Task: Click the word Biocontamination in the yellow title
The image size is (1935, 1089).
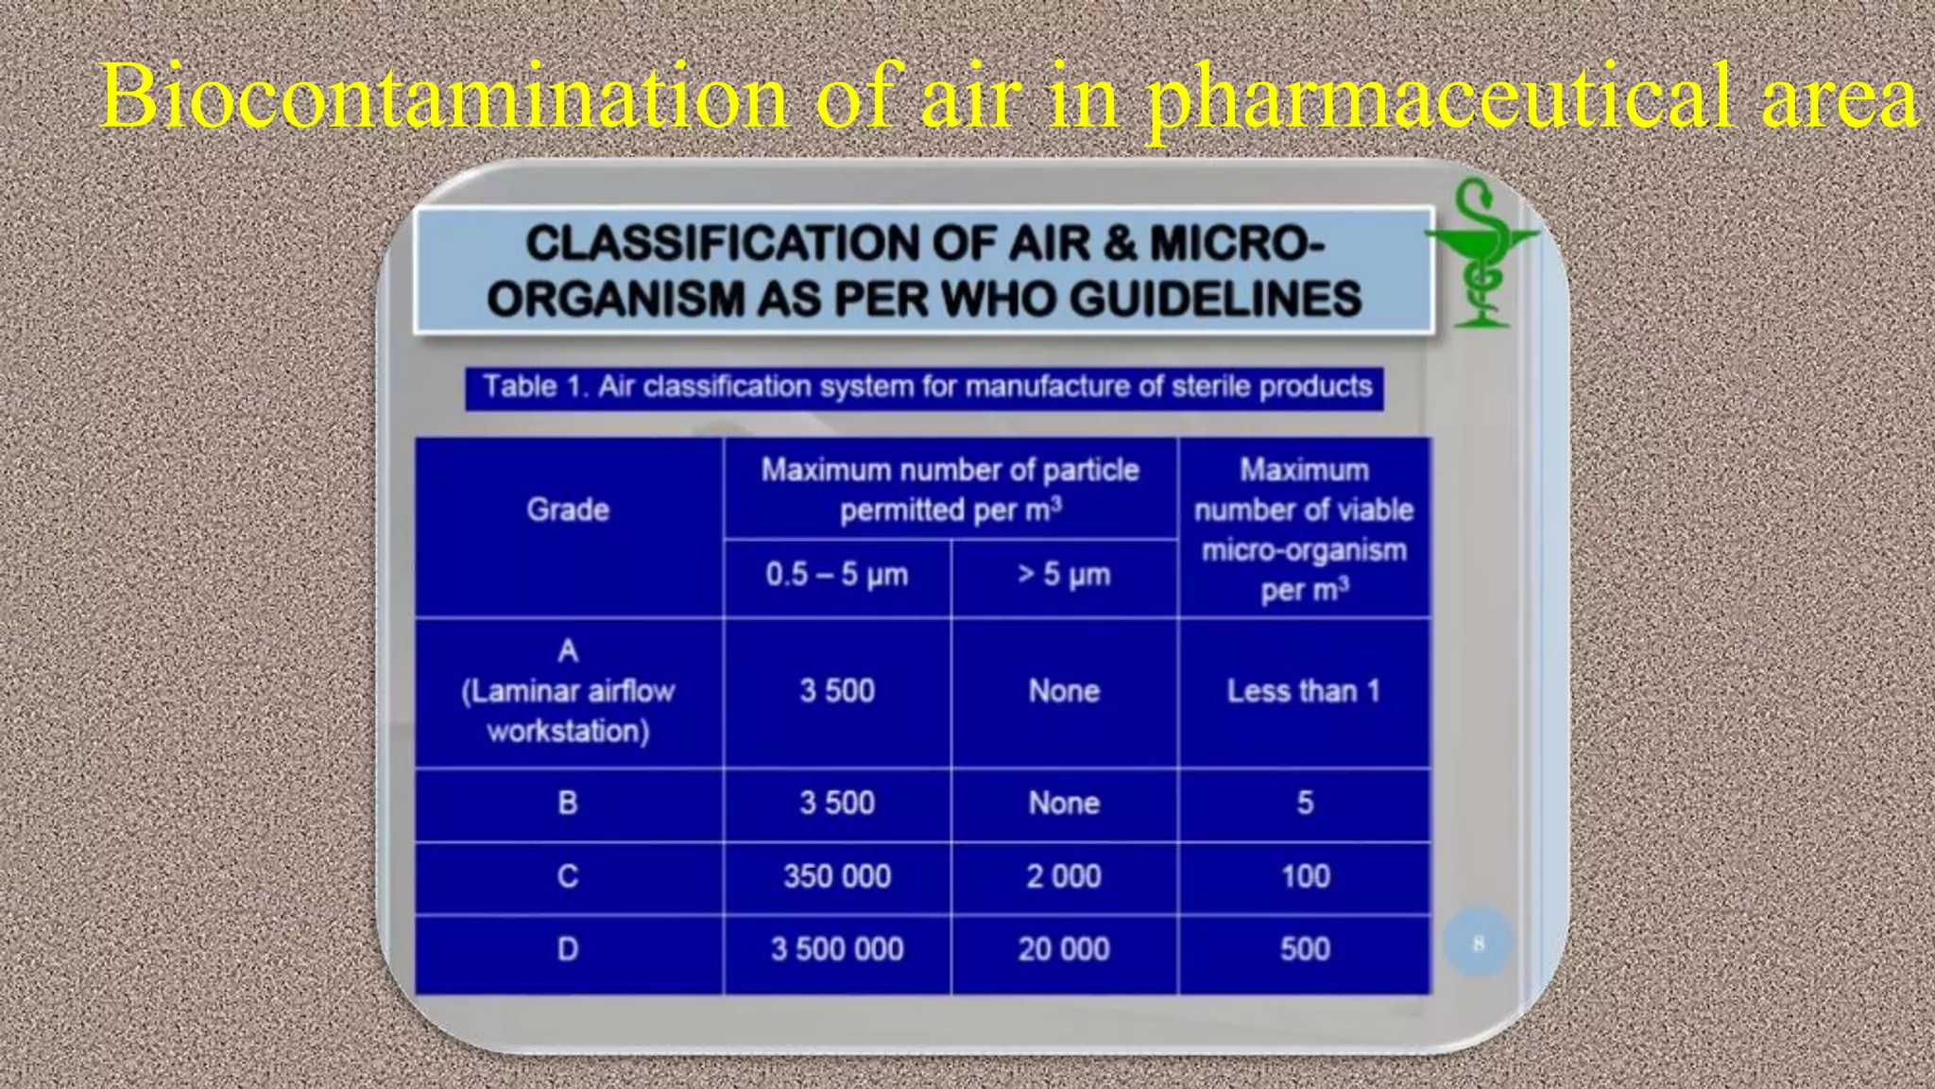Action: pyautogui.click(x=444, y=97)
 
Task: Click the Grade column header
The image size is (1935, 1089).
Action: pyautogui.click(x=568, y=510)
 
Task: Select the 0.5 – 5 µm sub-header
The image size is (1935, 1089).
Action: pyautogui.click(x=837, y=575)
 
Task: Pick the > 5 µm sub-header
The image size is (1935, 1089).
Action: pyautogui.click(x=1064, y=575)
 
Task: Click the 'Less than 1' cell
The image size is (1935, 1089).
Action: pyautogui.click(x=1304, y=691)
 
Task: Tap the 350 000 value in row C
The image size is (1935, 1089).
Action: pyautogui.click(x=837, y=876)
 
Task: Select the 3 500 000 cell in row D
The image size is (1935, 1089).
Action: pyautogui.click(x=837, y=949)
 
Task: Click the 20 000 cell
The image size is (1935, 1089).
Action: pyautogui.click(x=1064, y=949)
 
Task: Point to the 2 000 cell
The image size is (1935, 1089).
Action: pyautogui.click(x=1064, y=876)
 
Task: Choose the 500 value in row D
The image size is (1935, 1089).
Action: pyautogui.click(x=1305, y=949)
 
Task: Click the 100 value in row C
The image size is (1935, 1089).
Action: pyautogui.click(x=1305, y=876)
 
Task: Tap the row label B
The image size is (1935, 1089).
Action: pyautogui.click(x=568, y=803)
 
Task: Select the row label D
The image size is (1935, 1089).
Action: pyautogui.click(x=568, y=949)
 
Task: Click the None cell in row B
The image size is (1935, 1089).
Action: pyautogui.click(x=1064, y=803)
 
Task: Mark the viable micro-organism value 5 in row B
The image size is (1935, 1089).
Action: pyautogui.click(x=1305, y=803)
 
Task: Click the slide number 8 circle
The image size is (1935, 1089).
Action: pyautogui.click(x=1479, y=942)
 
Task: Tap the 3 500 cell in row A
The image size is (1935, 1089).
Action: pyautogui.click(x=837, y=691)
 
